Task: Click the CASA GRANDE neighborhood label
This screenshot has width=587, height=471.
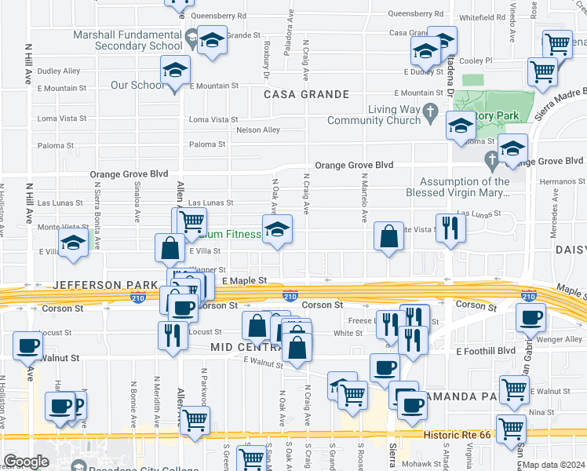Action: pos(306,94)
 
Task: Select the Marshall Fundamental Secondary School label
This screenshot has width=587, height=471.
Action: pos(127,41)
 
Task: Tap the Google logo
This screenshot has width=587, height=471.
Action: pos(26,462)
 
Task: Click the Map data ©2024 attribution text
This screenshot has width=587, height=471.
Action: pos(552,464)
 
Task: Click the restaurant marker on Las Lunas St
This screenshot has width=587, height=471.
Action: pos(450,228)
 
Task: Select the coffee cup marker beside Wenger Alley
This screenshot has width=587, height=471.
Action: pos(530,318)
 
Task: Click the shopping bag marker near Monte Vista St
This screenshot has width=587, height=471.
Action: pos(388,235)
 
